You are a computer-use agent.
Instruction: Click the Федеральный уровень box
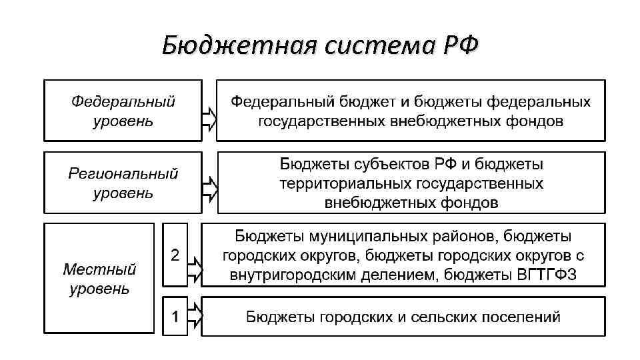(123, 111)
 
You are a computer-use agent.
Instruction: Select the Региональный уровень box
(123, 183)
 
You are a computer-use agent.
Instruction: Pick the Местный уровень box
(100, 279)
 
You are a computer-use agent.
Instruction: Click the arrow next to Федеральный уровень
(209, 119)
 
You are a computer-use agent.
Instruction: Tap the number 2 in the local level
(175, 254)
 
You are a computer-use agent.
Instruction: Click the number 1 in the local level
(175, 315)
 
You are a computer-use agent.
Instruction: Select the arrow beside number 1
(194, 315)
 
